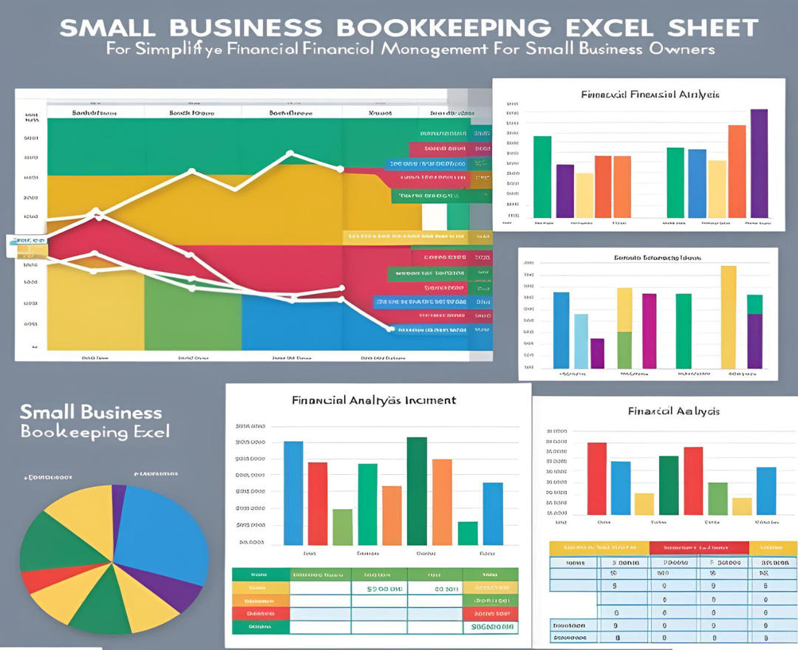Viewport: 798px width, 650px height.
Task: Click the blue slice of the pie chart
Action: point(163,532)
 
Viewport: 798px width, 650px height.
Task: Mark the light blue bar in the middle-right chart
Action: point(581,341)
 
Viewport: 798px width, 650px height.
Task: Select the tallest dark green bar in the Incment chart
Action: point(417,491)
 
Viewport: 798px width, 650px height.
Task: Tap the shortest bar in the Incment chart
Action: point(467,533)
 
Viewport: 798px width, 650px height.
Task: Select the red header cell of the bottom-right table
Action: point(698,548)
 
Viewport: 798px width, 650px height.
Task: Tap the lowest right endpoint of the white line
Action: point(390,328)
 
